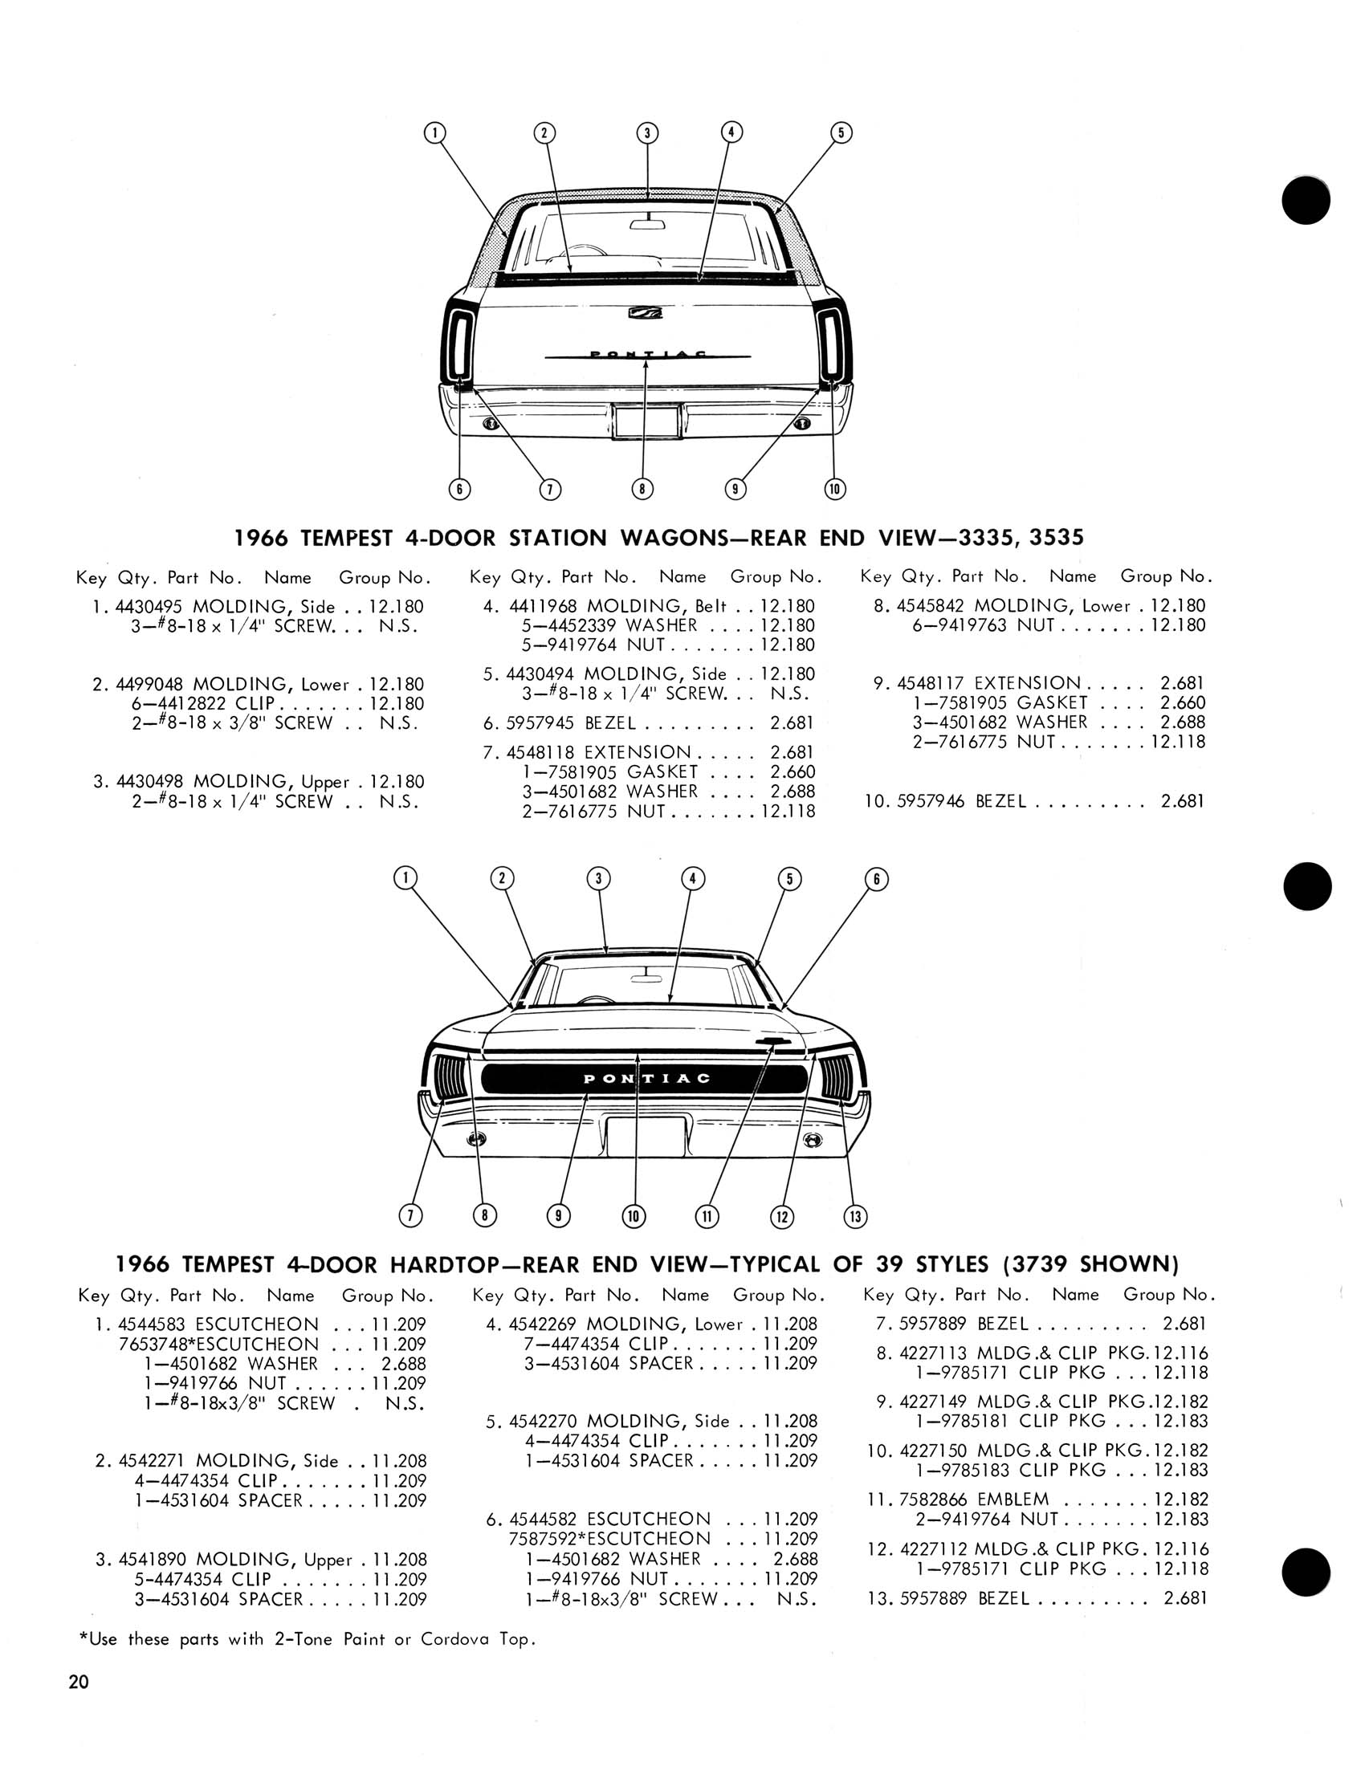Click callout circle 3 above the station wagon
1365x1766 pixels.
click(647, 132)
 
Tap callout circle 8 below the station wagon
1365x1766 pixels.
click(642, 488)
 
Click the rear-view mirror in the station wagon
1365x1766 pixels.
click(646, 223)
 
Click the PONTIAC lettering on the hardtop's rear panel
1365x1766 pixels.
click(647, 1079)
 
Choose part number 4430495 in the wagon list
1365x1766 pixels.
click(150, 606)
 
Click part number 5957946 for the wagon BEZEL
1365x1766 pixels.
click(930, 801)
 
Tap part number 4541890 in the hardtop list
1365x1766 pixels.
click(152, 1560)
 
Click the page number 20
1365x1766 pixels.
click(79, 1682)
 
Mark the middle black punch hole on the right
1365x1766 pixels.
click(1306, 885)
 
